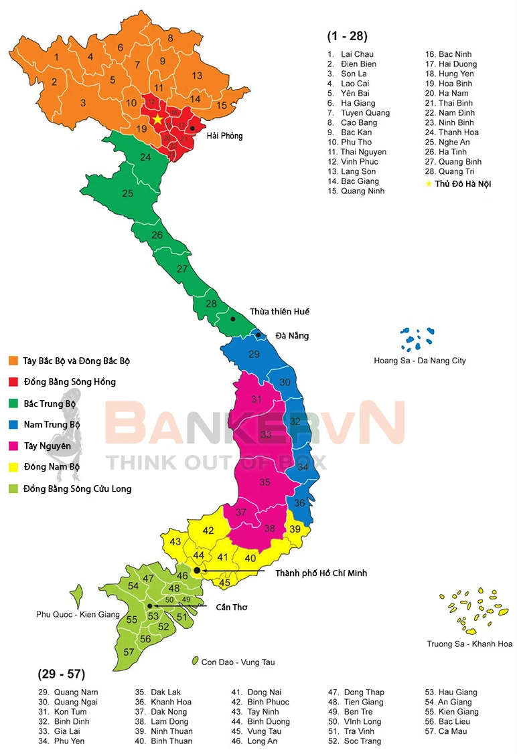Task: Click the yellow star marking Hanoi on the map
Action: [157, 118]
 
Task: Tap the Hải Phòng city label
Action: [224, 136]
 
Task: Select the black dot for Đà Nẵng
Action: [258, 335]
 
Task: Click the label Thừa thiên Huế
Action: [279, 312]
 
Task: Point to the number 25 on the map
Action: [127, 194]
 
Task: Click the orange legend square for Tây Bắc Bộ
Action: [13, 361]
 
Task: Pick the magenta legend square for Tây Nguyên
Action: [13, 446]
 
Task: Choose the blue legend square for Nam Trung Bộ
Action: [13, 424]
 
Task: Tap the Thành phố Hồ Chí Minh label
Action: [321, 573]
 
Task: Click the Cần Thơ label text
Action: [231, 607]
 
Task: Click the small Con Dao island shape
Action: [195, 660]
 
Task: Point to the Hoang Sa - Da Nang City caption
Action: [419, 361]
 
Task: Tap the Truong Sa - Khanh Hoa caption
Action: [469, 644]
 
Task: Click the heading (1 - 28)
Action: [347, 36]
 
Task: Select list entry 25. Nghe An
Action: [453, 143]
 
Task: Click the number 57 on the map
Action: [129, 652]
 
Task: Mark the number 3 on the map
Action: [83, 103]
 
